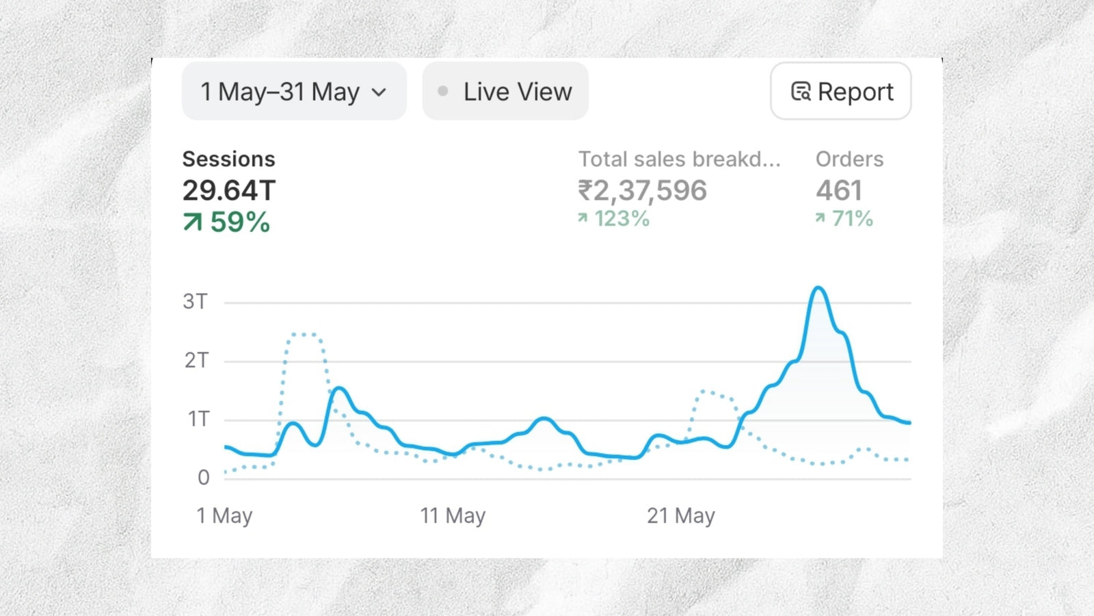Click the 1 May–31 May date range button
293,92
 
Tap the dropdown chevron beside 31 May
379,92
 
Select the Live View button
505,92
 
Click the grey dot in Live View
443,91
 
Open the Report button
840,92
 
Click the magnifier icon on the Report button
801,92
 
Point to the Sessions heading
228,159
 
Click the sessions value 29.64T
228,190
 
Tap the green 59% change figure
240,222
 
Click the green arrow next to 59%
193,222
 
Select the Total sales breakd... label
679,159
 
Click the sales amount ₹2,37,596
642,190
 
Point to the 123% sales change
622,218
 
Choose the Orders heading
849,159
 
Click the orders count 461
839,190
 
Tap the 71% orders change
852,218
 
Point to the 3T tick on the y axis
195,301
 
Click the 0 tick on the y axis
203,477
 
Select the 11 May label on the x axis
453,515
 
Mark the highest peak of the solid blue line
818,288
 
